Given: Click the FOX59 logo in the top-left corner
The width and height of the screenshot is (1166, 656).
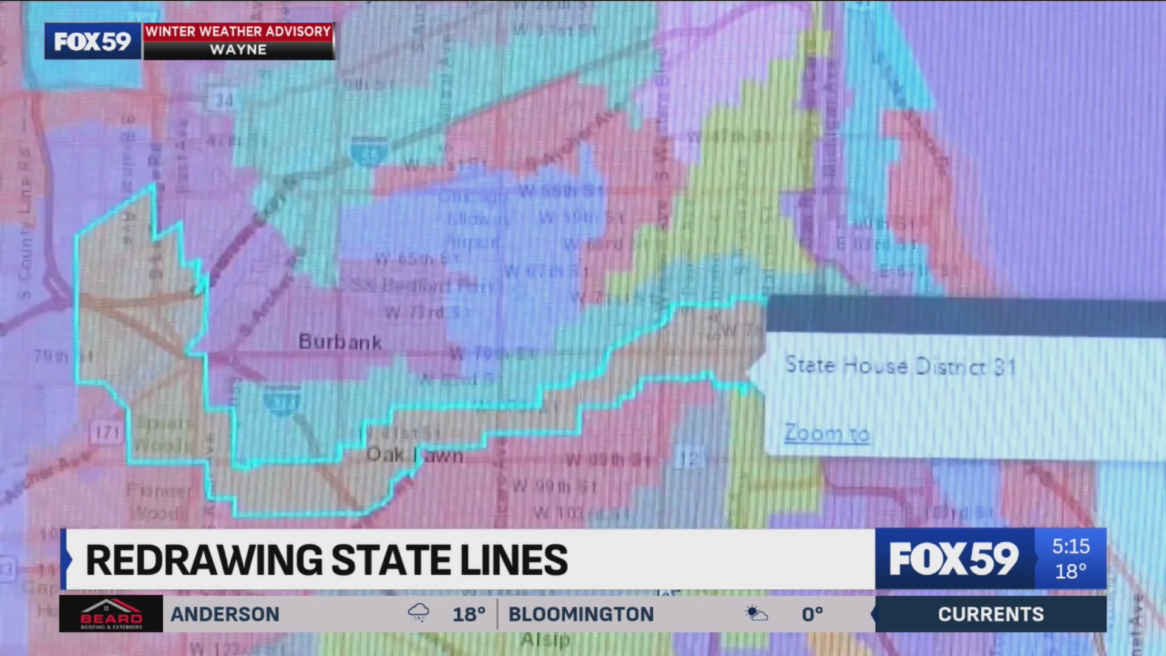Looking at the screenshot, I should point(92,41).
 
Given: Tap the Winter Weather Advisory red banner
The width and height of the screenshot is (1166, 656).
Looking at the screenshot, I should point(238,32).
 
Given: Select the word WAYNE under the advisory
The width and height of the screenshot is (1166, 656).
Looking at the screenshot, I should point(238,50).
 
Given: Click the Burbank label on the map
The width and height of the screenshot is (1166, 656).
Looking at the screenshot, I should point(340,343).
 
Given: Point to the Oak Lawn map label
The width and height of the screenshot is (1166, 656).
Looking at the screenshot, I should point(415,455).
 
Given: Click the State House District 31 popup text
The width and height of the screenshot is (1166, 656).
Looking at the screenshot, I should point(900,366).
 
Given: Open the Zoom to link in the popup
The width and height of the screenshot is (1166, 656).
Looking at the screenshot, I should point(827,434).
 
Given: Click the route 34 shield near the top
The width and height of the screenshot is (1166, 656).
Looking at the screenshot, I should point(223,100).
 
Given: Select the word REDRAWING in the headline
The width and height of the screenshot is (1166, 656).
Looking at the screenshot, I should point(203,560).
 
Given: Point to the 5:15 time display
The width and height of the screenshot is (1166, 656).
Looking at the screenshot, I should point(1071,547).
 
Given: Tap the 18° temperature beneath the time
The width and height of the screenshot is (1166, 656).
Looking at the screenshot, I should point(1071,572).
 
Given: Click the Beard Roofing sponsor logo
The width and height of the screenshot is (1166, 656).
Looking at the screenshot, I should point(111,614).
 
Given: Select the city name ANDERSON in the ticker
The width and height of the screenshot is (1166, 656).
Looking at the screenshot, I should point(225,615).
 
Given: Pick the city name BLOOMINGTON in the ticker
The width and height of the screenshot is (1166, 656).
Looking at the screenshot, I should point(581,615).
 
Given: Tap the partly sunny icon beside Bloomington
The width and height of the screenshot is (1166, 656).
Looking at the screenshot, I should point(757,613).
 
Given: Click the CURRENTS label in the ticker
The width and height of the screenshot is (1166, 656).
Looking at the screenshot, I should point(990,615).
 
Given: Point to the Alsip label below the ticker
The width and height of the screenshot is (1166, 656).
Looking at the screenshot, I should point(545,640).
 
